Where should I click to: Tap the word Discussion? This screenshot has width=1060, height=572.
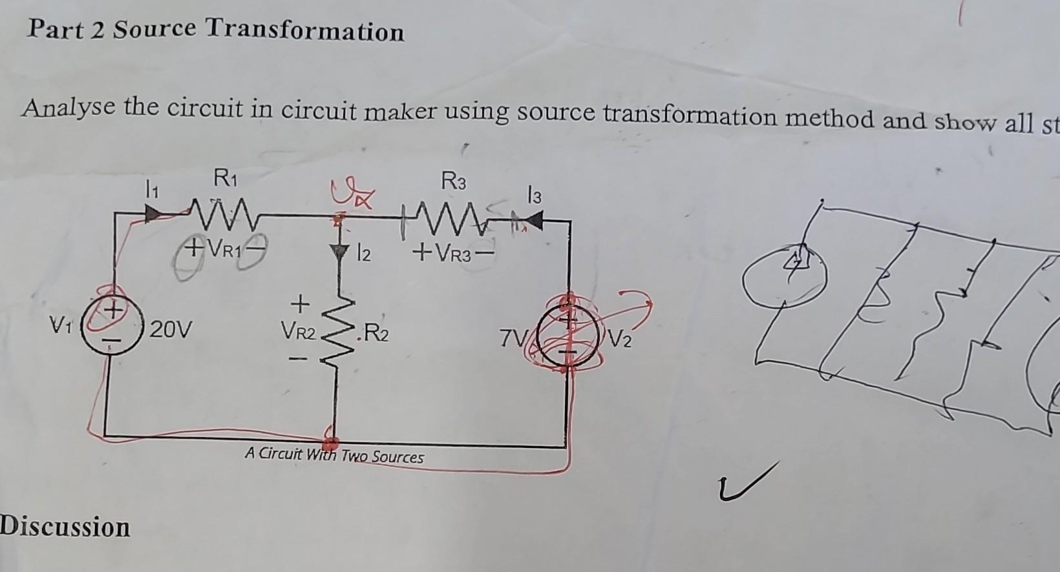[65, 527]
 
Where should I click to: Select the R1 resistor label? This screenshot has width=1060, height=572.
[225, 176]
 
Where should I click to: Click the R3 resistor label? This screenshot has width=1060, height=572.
[453, 182]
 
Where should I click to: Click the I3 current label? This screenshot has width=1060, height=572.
[533, 195]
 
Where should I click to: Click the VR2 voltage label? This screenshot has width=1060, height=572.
[298, 332]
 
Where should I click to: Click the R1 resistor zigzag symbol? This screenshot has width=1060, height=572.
[219, 212]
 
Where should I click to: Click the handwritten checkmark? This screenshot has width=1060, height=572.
[748, 482]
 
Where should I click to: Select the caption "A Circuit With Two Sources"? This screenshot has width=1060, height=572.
[334, 456]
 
